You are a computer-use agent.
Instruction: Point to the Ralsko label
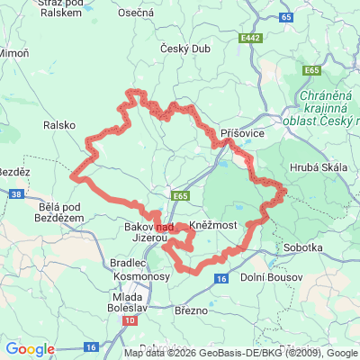coord(60,125)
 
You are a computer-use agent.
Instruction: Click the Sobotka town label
coord(303,246)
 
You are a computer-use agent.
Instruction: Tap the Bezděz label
coord(15,171)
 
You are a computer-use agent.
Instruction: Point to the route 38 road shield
coord(18,193)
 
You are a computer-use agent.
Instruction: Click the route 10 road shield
coord(131,319)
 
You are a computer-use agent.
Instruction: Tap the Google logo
coord(30,349)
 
